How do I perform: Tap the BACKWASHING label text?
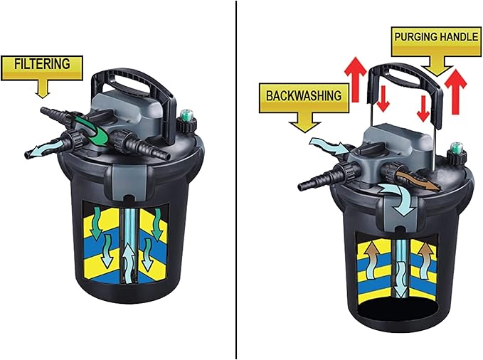[303, 95]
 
